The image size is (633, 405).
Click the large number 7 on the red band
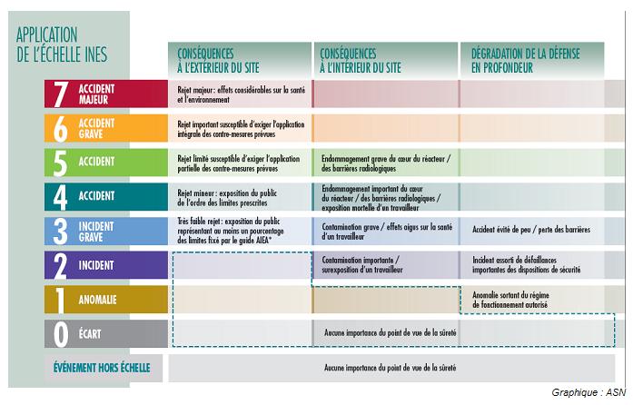pos(61,94)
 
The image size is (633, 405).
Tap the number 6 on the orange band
pos(61,128)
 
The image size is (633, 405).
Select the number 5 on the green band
pos(61,162)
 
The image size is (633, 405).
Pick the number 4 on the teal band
pos(61,196)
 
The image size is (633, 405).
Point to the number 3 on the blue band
pos(61,231)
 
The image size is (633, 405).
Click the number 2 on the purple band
pos(61,265)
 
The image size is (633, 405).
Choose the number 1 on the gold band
pos(61,300)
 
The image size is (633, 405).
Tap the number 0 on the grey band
pos(61,334)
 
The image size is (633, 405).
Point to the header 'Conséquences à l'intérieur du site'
pos(361,60)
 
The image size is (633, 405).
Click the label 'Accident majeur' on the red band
pos(96,94)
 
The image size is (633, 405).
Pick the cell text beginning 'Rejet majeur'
pos(239,94)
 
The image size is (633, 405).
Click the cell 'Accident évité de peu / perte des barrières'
pos(531,230)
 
